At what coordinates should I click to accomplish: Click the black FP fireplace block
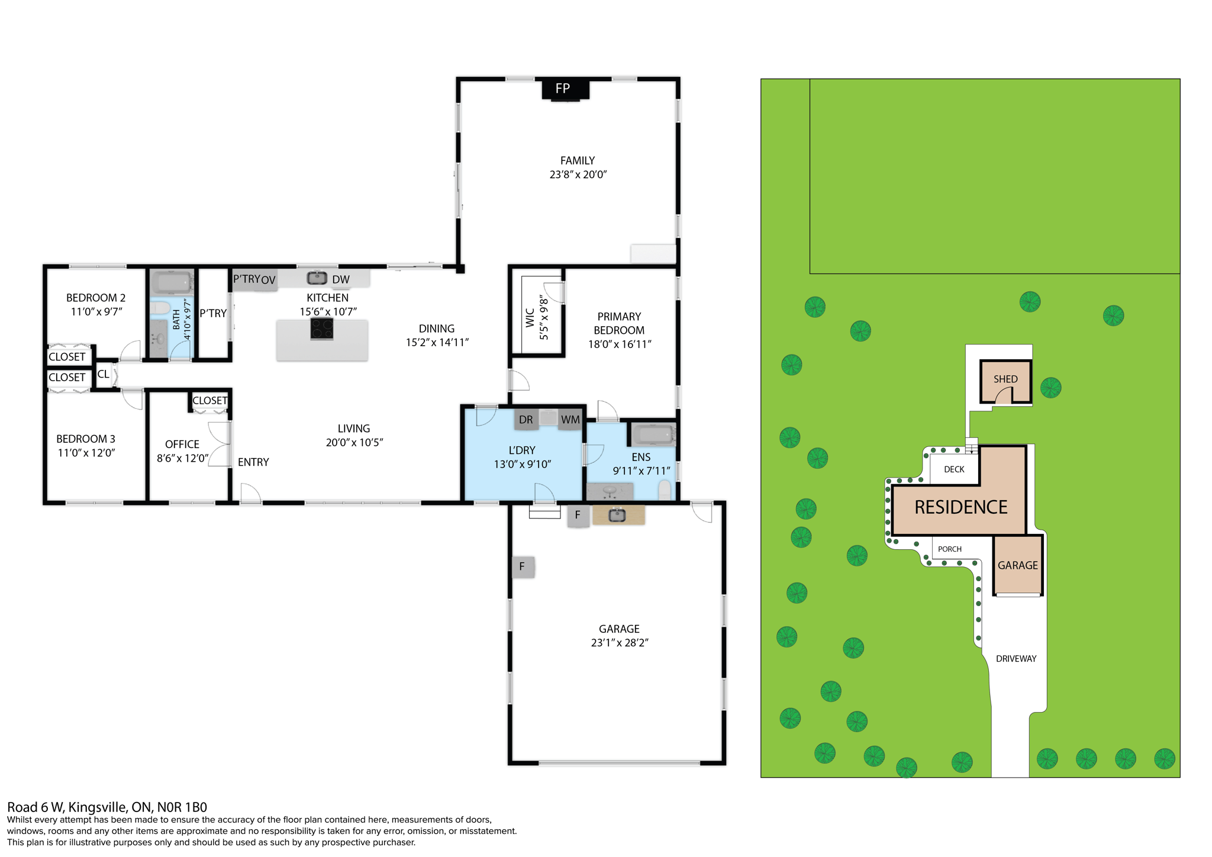point(565,89)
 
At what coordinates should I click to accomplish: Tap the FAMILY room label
point(578,160)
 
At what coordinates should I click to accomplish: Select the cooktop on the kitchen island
point(322,329)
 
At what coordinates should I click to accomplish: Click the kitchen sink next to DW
point(317,278)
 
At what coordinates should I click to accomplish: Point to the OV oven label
point(268,281)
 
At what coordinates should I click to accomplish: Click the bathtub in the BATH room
point(172,283)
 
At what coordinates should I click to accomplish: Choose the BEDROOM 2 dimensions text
point(96,311)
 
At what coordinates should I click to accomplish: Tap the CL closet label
point(103,374)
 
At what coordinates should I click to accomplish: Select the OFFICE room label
point(182,444)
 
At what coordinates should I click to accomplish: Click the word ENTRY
point(253,462)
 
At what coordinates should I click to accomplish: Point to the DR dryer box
point(526,420)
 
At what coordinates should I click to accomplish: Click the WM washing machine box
point(570,420)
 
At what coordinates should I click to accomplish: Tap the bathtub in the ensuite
point(653,435)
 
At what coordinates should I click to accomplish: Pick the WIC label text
point(530,318)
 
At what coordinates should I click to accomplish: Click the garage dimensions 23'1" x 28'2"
point(620,643)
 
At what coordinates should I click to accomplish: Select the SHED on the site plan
point(1005,382)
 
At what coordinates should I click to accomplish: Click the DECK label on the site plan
point(954,469)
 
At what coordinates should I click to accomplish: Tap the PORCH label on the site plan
point(950,549)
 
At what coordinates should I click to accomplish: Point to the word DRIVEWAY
point(1016,659)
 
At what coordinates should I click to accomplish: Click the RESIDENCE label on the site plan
point(961,507)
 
